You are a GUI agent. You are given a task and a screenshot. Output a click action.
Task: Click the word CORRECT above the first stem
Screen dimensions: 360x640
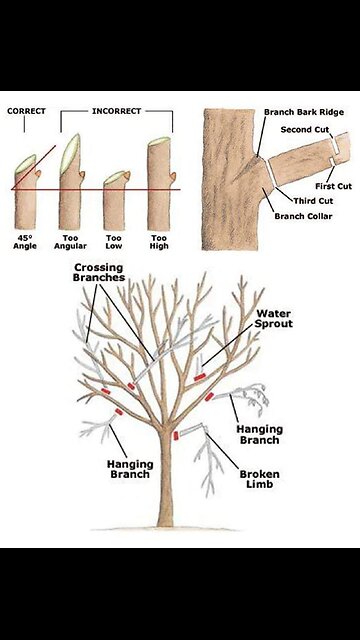(27, 111)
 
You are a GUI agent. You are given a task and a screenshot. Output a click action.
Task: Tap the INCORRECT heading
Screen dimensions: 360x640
(116, 111)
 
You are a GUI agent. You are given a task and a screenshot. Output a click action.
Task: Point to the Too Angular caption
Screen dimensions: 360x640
(71, 242)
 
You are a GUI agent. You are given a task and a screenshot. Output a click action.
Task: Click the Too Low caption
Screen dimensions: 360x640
(114, 242)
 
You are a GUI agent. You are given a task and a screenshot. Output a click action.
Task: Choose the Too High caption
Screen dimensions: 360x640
(159, 242)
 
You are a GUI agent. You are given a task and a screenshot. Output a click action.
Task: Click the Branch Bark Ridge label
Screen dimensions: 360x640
(304, 112)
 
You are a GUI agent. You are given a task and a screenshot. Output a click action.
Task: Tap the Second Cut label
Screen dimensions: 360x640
(305, 130)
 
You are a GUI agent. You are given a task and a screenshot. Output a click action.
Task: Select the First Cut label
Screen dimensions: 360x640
(333, 186)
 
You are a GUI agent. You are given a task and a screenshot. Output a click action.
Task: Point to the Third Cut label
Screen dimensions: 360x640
(313, 201)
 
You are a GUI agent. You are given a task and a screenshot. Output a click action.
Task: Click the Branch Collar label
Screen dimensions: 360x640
(303, 216)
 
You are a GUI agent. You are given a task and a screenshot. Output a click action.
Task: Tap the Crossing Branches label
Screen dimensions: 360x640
(99, 272)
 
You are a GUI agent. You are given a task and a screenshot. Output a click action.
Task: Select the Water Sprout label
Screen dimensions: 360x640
(274, 319)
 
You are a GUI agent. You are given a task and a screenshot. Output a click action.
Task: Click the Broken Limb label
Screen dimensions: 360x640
(260, 479)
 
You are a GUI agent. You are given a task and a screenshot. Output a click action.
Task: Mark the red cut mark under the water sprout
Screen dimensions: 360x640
(199, 378)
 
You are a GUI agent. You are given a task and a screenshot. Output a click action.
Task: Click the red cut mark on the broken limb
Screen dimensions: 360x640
(176, 436)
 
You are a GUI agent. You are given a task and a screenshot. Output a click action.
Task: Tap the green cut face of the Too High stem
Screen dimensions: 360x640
(159, 141)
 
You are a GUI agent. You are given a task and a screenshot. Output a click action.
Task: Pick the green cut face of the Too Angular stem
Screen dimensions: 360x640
(70, 154)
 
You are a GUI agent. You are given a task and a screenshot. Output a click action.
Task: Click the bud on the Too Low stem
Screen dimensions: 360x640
(127, 176)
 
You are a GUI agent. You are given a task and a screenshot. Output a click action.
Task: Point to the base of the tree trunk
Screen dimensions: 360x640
(165, 524)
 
